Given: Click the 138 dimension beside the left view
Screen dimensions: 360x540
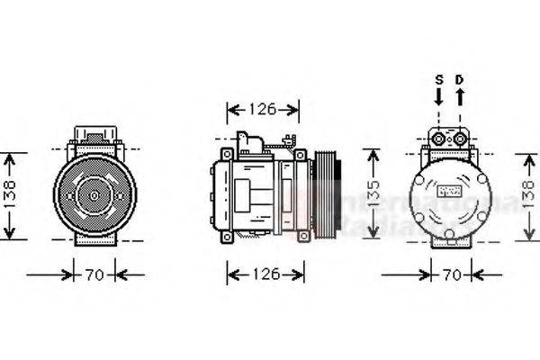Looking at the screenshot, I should tap(9, 196).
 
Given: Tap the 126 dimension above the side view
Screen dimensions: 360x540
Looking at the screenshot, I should tap(261, 110).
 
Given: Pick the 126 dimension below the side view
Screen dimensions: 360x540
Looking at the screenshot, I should tap(261, 274).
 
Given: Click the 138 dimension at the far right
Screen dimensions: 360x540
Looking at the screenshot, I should tap(532, 196).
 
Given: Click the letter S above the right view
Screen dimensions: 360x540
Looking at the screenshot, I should tap(439, 79).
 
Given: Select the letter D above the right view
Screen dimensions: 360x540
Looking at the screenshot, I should tap(460, 79).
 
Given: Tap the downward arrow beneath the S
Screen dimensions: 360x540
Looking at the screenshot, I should tap(439, 96).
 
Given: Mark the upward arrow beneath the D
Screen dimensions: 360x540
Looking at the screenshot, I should tap(460, 96).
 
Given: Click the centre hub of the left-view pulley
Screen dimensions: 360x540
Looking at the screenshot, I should tap(93, 193).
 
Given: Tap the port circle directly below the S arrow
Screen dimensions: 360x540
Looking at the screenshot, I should tap(439, 138).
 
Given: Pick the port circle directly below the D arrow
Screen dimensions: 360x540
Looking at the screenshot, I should tap(460, 138).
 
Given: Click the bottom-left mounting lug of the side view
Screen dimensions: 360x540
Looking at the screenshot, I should tap(226, 236).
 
